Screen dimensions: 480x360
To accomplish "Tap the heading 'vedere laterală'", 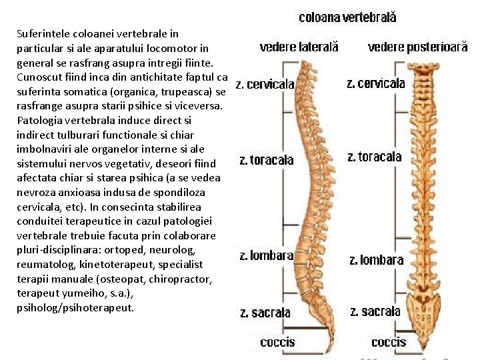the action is (299, 47).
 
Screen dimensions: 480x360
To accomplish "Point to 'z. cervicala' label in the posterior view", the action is (376, 83).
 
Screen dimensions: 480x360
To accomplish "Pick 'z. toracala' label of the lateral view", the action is (266, 160).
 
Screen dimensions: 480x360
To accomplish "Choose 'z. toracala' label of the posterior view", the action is (375, 157).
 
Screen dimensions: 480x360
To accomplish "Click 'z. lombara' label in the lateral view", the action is (266, 255).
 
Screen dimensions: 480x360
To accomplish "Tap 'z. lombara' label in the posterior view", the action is (377, 259).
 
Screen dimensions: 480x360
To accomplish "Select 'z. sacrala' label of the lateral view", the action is (265, 312).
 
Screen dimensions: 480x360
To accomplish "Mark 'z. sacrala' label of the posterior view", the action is (375, 311).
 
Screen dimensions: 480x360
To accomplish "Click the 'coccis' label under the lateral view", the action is (277, 342).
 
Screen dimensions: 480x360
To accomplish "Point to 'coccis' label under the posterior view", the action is (388, 342).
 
